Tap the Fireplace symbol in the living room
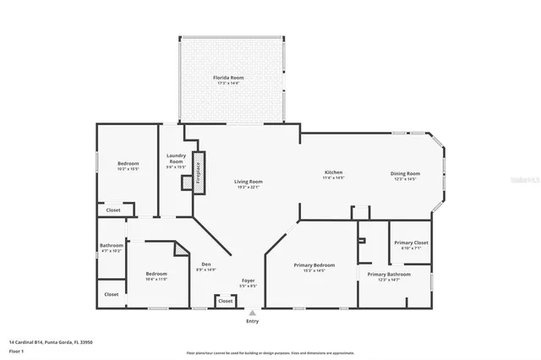199,173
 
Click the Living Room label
249,183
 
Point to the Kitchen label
334,175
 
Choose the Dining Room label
405,175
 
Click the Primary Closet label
411,245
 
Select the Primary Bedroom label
314,267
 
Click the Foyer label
249,282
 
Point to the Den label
206,266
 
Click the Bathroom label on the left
112,248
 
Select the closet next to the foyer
225,300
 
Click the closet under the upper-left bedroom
113,210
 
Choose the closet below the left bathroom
112,294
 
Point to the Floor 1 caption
17,351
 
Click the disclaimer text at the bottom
270,353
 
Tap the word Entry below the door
252,322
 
